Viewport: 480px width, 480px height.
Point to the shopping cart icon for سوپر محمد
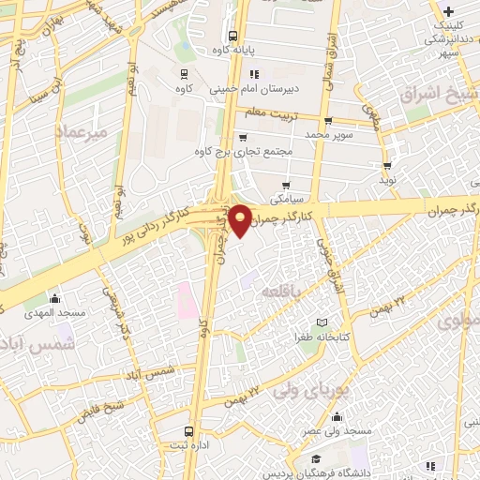click(x=328, y=122)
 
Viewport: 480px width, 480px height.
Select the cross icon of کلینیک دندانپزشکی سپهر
click(x=449, y=12)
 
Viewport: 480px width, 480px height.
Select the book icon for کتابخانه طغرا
click(x=323, y=322)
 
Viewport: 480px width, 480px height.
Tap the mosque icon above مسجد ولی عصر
click(x=337, y=417)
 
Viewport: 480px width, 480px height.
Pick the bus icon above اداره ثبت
click(x=190, y=432)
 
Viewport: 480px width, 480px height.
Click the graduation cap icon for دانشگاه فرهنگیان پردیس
click(x=318, y=458)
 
